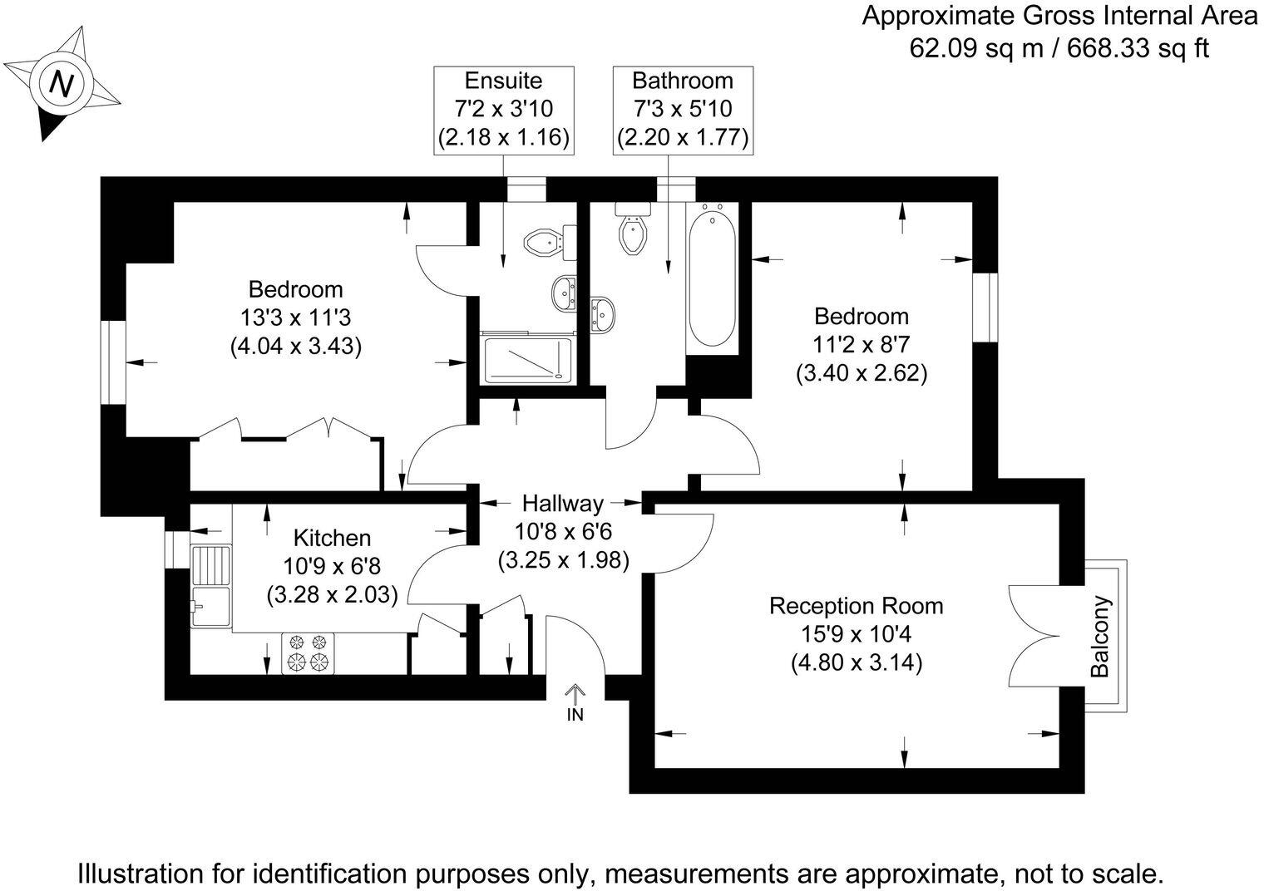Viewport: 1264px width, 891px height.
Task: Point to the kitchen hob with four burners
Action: tap(308, 652)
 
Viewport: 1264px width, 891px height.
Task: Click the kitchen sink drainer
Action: tap(210, 567)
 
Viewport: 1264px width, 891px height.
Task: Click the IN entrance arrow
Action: tap(575, 701)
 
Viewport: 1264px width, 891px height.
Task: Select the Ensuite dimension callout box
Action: tap(504, 110)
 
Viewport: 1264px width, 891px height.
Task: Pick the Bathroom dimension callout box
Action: tap(682, 110)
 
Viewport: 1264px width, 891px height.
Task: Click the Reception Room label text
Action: tap(856, 606)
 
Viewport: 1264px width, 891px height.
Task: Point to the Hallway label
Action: tap(562, 504)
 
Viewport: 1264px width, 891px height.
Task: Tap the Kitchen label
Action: tap(332, 539)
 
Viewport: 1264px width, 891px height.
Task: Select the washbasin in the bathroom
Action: tap(602, 314)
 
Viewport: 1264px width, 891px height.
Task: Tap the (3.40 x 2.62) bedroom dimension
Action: tap(861, 373)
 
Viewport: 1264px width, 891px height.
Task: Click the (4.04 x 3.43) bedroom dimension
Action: tap(295, 346)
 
